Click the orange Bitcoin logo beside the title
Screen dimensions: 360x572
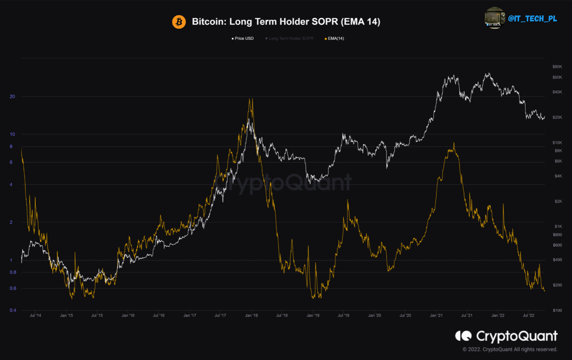pyautogui.click(x=179, y=21)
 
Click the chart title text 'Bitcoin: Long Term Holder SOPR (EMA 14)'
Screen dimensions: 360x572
pyautogui.click(x=286, y=22)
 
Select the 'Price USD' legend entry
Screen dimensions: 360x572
pyautogui.click(x=243, y=38)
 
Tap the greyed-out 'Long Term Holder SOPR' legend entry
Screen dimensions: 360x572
pyautogui.click(x=289, y=38)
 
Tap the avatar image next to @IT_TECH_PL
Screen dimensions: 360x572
pyautogui.click(x=495, y=18)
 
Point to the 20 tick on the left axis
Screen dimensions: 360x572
pyautogui.click(x=12, y=96)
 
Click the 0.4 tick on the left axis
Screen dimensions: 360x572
pyautogui.click(x=13, y=310)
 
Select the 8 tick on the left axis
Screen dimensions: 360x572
pyautogui.click(x=11, y=147)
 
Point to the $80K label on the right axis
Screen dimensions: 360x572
pyautogui.click(x=557, y=67)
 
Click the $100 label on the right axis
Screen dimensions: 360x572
pyautogui.click(x=557, y=310)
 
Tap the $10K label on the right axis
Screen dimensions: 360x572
pyautogui.click(x=557, y=142)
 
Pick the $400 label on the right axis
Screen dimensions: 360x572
pyautogui.click(x=557, y=260)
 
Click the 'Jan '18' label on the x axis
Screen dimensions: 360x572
pyautogui.click(x=251, y=316)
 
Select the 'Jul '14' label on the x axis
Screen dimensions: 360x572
pyautogui.click(x=35, y=316)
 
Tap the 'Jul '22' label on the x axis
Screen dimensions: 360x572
pyautogui.click(x=529, y=316)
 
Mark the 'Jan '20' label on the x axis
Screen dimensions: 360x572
pyautogui.click(x=374, y=316)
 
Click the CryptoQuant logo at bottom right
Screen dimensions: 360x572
pyautogui.click(x=506, y=336)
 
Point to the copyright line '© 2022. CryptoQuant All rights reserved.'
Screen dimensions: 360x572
pyautogui.click(x=510, y=349)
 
